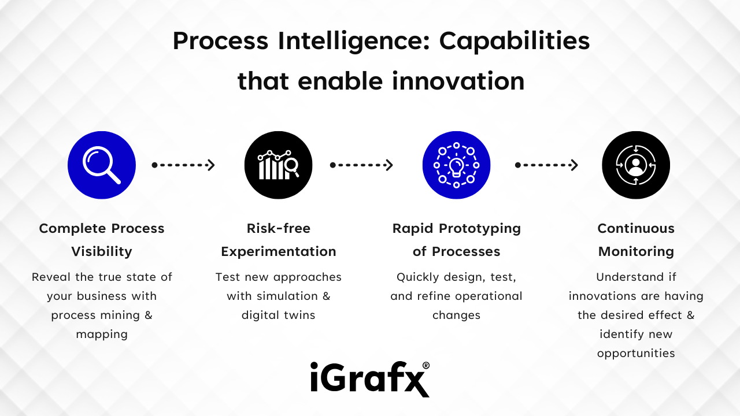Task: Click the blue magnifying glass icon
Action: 102,165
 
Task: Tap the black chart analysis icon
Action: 279,165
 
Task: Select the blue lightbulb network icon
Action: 456,165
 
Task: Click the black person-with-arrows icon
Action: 636,165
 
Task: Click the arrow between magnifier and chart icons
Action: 183,165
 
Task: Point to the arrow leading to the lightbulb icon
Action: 361,165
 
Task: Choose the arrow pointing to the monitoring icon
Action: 546,165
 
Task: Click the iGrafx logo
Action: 370,379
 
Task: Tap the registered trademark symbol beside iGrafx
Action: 426,366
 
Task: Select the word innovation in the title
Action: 458,81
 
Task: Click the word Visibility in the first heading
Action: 102,251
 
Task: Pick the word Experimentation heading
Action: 279,251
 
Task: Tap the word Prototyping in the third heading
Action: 480,229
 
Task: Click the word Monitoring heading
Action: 636,251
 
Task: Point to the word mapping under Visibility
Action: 102,335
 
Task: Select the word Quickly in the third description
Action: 417,277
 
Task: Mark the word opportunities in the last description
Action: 636,354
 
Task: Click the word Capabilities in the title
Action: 515,42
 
